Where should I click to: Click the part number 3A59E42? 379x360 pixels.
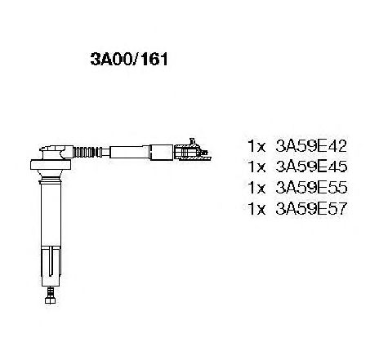[311, 146]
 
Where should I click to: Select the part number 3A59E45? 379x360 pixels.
[311, 167]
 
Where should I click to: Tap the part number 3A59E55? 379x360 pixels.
[311, 188]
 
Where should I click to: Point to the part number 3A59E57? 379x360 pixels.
[311, 209]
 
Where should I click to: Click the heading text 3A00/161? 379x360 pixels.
[129, 59]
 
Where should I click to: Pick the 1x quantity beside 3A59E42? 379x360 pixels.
[256, 146]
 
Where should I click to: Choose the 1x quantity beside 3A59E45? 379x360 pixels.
[256, 167]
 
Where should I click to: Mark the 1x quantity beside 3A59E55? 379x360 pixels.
[256, 188]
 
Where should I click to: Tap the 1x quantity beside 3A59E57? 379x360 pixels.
[256, 209]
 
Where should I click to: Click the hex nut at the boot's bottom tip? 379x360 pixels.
[50, 300]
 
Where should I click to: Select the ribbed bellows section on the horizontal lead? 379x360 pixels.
[84, 152]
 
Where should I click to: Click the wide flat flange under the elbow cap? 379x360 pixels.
[51, 164]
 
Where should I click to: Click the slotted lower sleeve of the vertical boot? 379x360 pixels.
[51, 266]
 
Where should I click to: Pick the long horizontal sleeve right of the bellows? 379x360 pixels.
[130, 152]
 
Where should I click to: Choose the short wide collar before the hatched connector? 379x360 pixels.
[161, 153]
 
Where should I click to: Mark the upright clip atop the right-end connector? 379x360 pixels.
[193, 143]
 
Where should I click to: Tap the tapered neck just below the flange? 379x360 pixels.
[51, 173]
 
